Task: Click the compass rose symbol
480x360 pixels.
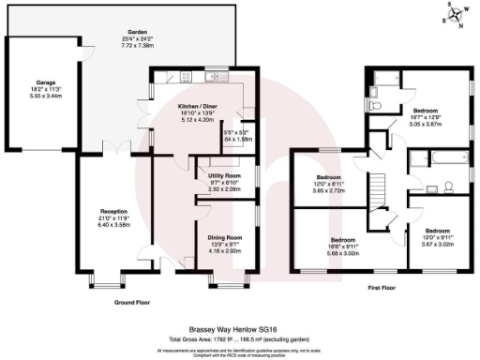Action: [458, 15]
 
